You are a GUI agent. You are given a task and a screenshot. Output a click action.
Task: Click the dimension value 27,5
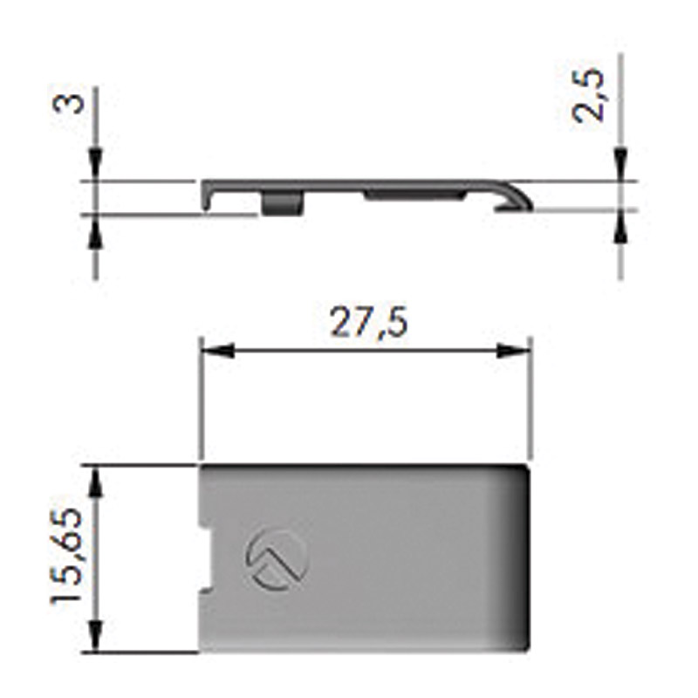[368, 322]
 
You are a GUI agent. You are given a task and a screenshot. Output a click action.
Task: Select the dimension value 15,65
[67, 557]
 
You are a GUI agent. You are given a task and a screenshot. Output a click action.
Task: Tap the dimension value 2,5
[587, 95]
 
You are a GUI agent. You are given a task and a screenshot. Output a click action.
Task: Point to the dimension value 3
[68, 103]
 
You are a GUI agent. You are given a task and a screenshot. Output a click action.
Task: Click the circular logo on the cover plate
[277, 559]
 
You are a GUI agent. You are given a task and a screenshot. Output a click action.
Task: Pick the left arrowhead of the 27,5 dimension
[217, 351]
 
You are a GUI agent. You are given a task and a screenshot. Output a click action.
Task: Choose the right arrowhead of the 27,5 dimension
[514, 351]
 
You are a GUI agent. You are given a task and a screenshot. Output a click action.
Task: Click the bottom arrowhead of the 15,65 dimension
[96, 637]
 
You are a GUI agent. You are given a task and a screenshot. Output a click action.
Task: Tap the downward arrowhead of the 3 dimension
[96, 165]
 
